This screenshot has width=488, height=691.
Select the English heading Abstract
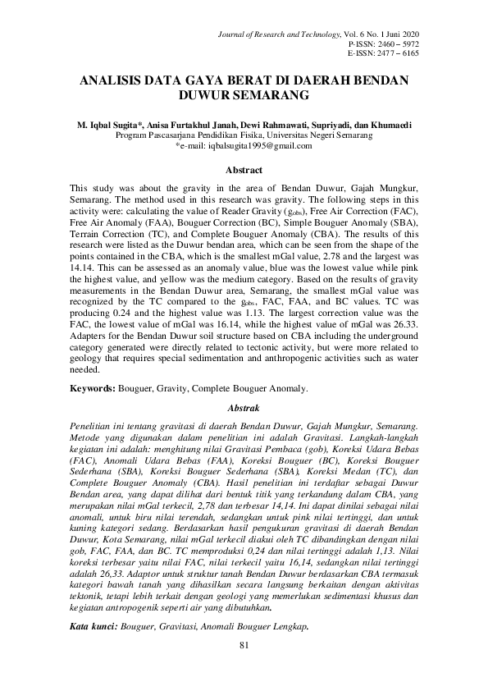click(x=244, y=171)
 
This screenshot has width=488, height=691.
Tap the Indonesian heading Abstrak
click(x=244, y=408)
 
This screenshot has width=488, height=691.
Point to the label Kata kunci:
click(x=93, y=627)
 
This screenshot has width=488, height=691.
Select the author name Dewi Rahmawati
click(x=273, y=125)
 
